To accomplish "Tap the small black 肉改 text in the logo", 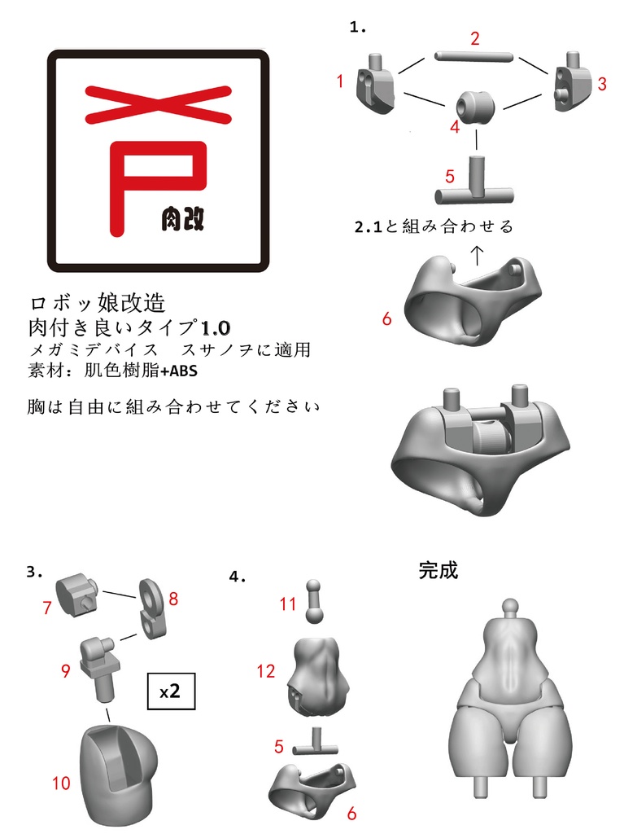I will tap(181, 218).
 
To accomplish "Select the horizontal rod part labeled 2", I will tap(473, 56).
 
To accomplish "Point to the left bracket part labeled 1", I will tap(375, 85).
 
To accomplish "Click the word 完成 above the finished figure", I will tap(439, 570).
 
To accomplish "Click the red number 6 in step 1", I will tap(386, 318).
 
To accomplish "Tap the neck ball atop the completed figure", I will tap(510, 605).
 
